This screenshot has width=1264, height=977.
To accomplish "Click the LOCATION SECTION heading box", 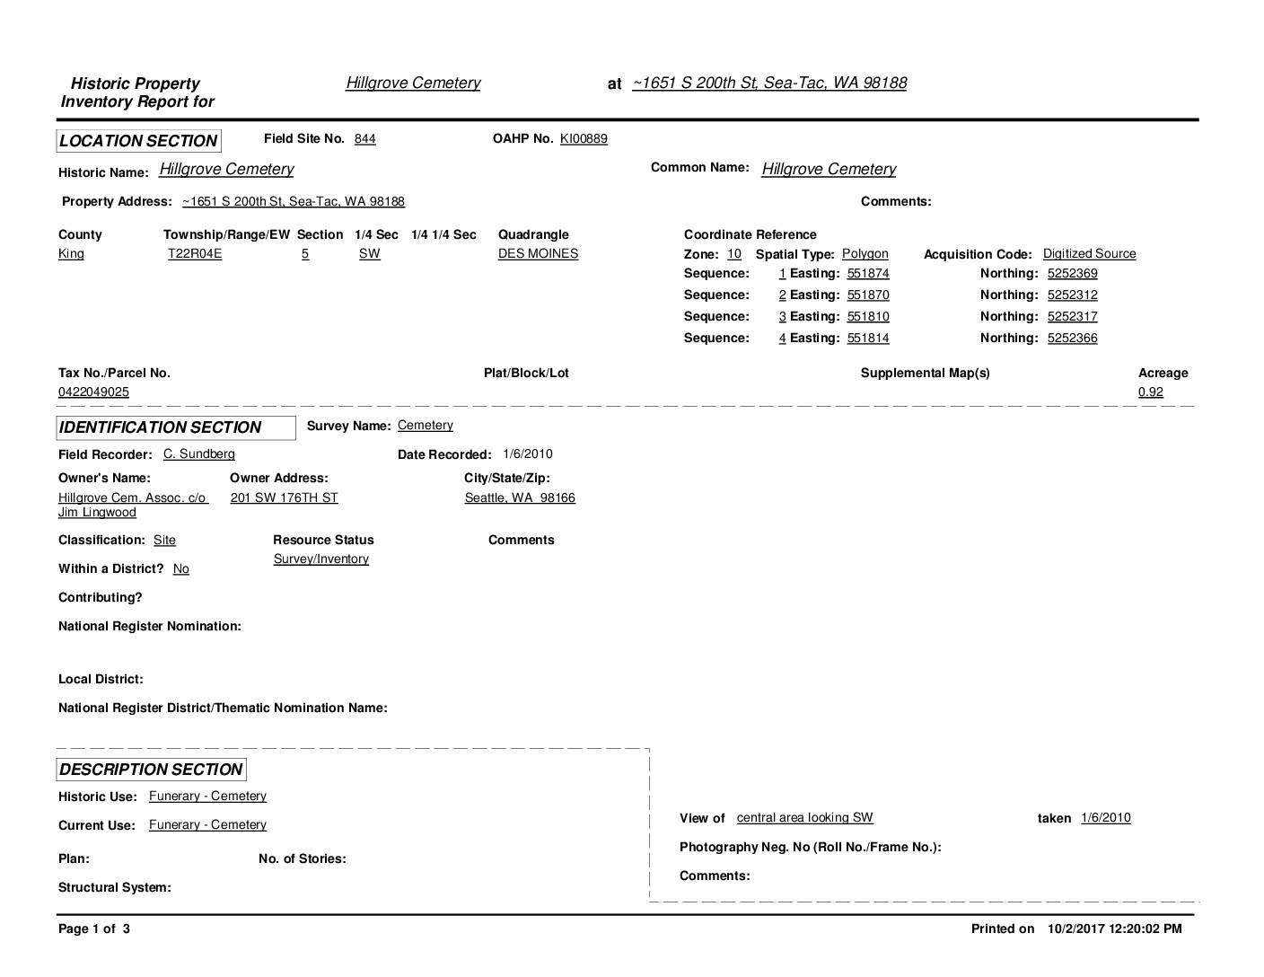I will click(x=138, y=141).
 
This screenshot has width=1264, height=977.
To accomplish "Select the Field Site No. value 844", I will click(x=364, y=139).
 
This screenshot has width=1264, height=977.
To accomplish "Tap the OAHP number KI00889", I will click(x=584, y=139).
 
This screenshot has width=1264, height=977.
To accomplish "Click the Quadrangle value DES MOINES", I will click(x=538, y=254).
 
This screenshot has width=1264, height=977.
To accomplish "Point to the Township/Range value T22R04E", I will click(x=195, y=254).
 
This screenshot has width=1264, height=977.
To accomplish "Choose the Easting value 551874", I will click(x=868, y=274).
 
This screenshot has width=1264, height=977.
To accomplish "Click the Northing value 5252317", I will click(x=1072, y=317).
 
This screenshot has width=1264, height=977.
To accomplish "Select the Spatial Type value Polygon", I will click(x=865, y=254).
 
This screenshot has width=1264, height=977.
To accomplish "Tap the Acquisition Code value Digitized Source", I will click(x=1089, y=254).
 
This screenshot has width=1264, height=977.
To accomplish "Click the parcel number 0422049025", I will click(x=93, y=392).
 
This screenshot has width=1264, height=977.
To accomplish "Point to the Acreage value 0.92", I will click(x=1150, y=392).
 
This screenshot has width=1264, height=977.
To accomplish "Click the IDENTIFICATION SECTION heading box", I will click(x=176, y=428).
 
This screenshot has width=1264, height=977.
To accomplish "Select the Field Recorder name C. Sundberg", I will click(x=198, y=454).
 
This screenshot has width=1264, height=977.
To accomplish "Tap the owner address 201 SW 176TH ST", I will click(x=284, y=498).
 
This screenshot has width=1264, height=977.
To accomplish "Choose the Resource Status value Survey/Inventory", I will click(x=320, y=559).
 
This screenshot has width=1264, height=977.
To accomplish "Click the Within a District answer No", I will click(x=180, y=569).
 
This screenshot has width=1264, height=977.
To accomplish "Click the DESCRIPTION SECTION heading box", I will click(x=151, y=770).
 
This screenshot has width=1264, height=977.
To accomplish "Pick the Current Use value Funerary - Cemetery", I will click(x=207, y=825).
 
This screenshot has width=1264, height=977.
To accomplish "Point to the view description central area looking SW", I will click(x=804, y=818).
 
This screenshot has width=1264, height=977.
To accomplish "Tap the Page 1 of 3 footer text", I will click(x=94, y=929).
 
